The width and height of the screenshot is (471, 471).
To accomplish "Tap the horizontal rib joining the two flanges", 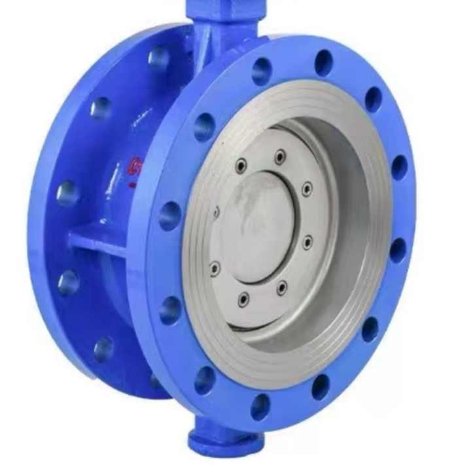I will [x=98, y=239].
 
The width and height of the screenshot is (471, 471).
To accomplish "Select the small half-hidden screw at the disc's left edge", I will [x=217, y=211].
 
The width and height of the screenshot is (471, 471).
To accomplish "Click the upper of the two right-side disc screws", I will [x=307, y=190].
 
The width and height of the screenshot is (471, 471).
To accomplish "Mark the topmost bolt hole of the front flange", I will [x=323, y=63].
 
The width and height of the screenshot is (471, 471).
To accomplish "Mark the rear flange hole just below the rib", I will [x=68, y=282].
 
